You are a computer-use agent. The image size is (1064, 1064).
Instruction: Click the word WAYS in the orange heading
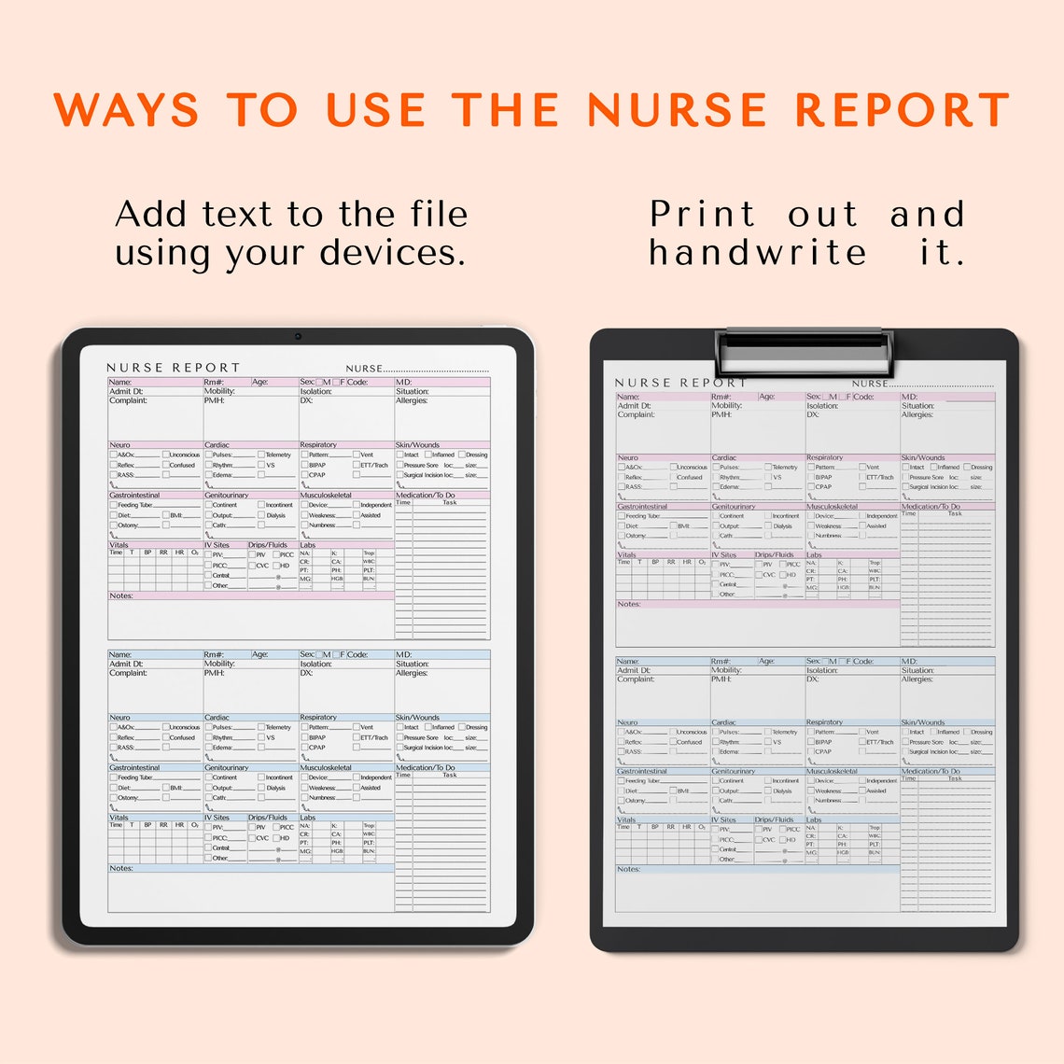tap(127, 110)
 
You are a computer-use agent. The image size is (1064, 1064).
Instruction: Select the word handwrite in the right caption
tap(758, 252)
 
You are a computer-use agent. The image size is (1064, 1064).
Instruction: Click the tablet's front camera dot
tap(298, 336)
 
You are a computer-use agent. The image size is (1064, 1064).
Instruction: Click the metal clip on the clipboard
tap(805, 351)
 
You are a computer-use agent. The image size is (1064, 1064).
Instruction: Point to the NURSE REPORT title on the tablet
tap(174, 368)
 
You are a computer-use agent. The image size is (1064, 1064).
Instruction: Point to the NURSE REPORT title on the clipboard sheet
tap(680, 383)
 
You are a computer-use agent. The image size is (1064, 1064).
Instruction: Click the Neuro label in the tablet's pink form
tap(120, 445)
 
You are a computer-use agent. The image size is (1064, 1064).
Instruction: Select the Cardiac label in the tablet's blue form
tap(217, 718)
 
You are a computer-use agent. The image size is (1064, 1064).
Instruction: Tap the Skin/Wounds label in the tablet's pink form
tap(417, 445)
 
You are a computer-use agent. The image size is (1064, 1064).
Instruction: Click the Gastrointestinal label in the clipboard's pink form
tap(642, 506)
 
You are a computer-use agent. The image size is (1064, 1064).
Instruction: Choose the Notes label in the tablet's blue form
tap(121, 868)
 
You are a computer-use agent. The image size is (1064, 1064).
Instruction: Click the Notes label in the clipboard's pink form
tap(628, 604)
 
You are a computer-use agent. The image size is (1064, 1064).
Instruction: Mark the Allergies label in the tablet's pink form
tap(412, 400)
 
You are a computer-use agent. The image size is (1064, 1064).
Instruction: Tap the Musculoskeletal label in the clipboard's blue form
tap(832, 771)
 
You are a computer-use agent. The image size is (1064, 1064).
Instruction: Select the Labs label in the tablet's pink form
tap(308, 545)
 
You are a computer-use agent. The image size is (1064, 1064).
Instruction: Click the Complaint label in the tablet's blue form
tap(129, 673)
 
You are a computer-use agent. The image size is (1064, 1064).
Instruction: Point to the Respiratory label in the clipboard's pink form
tap(824, 457)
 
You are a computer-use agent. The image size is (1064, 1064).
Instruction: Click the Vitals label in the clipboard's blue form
tap(626, 819)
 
